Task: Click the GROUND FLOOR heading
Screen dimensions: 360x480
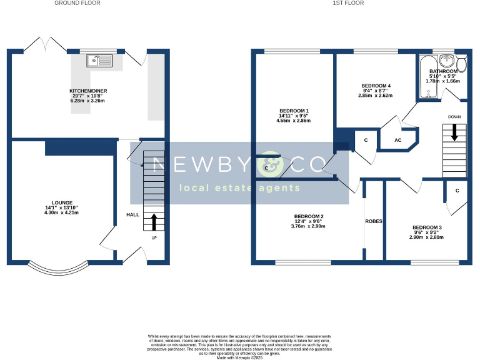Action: click(77, 3)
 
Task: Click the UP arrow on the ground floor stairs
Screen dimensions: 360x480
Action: click(154, 222)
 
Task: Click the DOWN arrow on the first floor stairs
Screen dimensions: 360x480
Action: click(454, 132)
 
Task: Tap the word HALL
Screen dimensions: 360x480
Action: click(133, 214)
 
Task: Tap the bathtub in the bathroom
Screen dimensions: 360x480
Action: click(428, 78)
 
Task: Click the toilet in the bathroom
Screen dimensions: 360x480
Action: click(461, 62)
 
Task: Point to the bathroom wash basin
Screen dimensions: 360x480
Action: click(447, 61)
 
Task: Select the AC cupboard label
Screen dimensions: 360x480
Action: click(397, 141)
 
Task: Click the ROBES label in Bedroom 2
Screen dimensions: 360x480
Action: click(374, 222)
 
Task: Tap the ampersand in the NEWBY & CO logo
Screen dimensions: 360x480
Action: click(270, 163)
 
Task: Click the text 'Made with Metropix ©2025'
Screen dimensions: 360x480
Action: click(239, 356)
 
